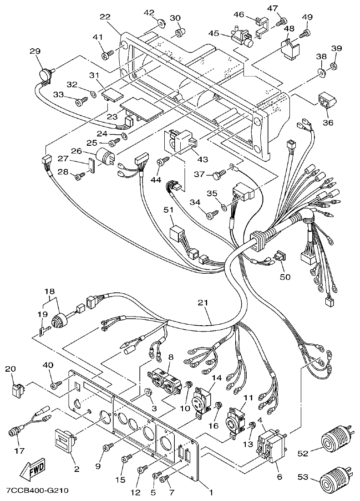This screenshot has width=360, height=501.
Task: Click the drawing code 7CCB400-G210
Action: [37, 491]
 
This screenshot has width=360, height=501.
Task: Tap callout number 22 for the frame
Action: [105, 17]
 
